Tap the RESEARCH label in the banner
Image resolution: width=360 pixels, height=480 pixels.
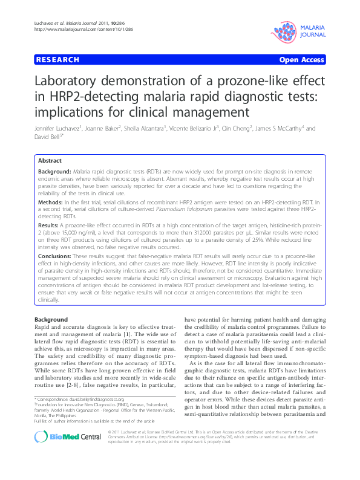(58, 60)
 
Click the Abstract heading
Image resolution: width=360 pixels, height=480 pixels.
(50, 161)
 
